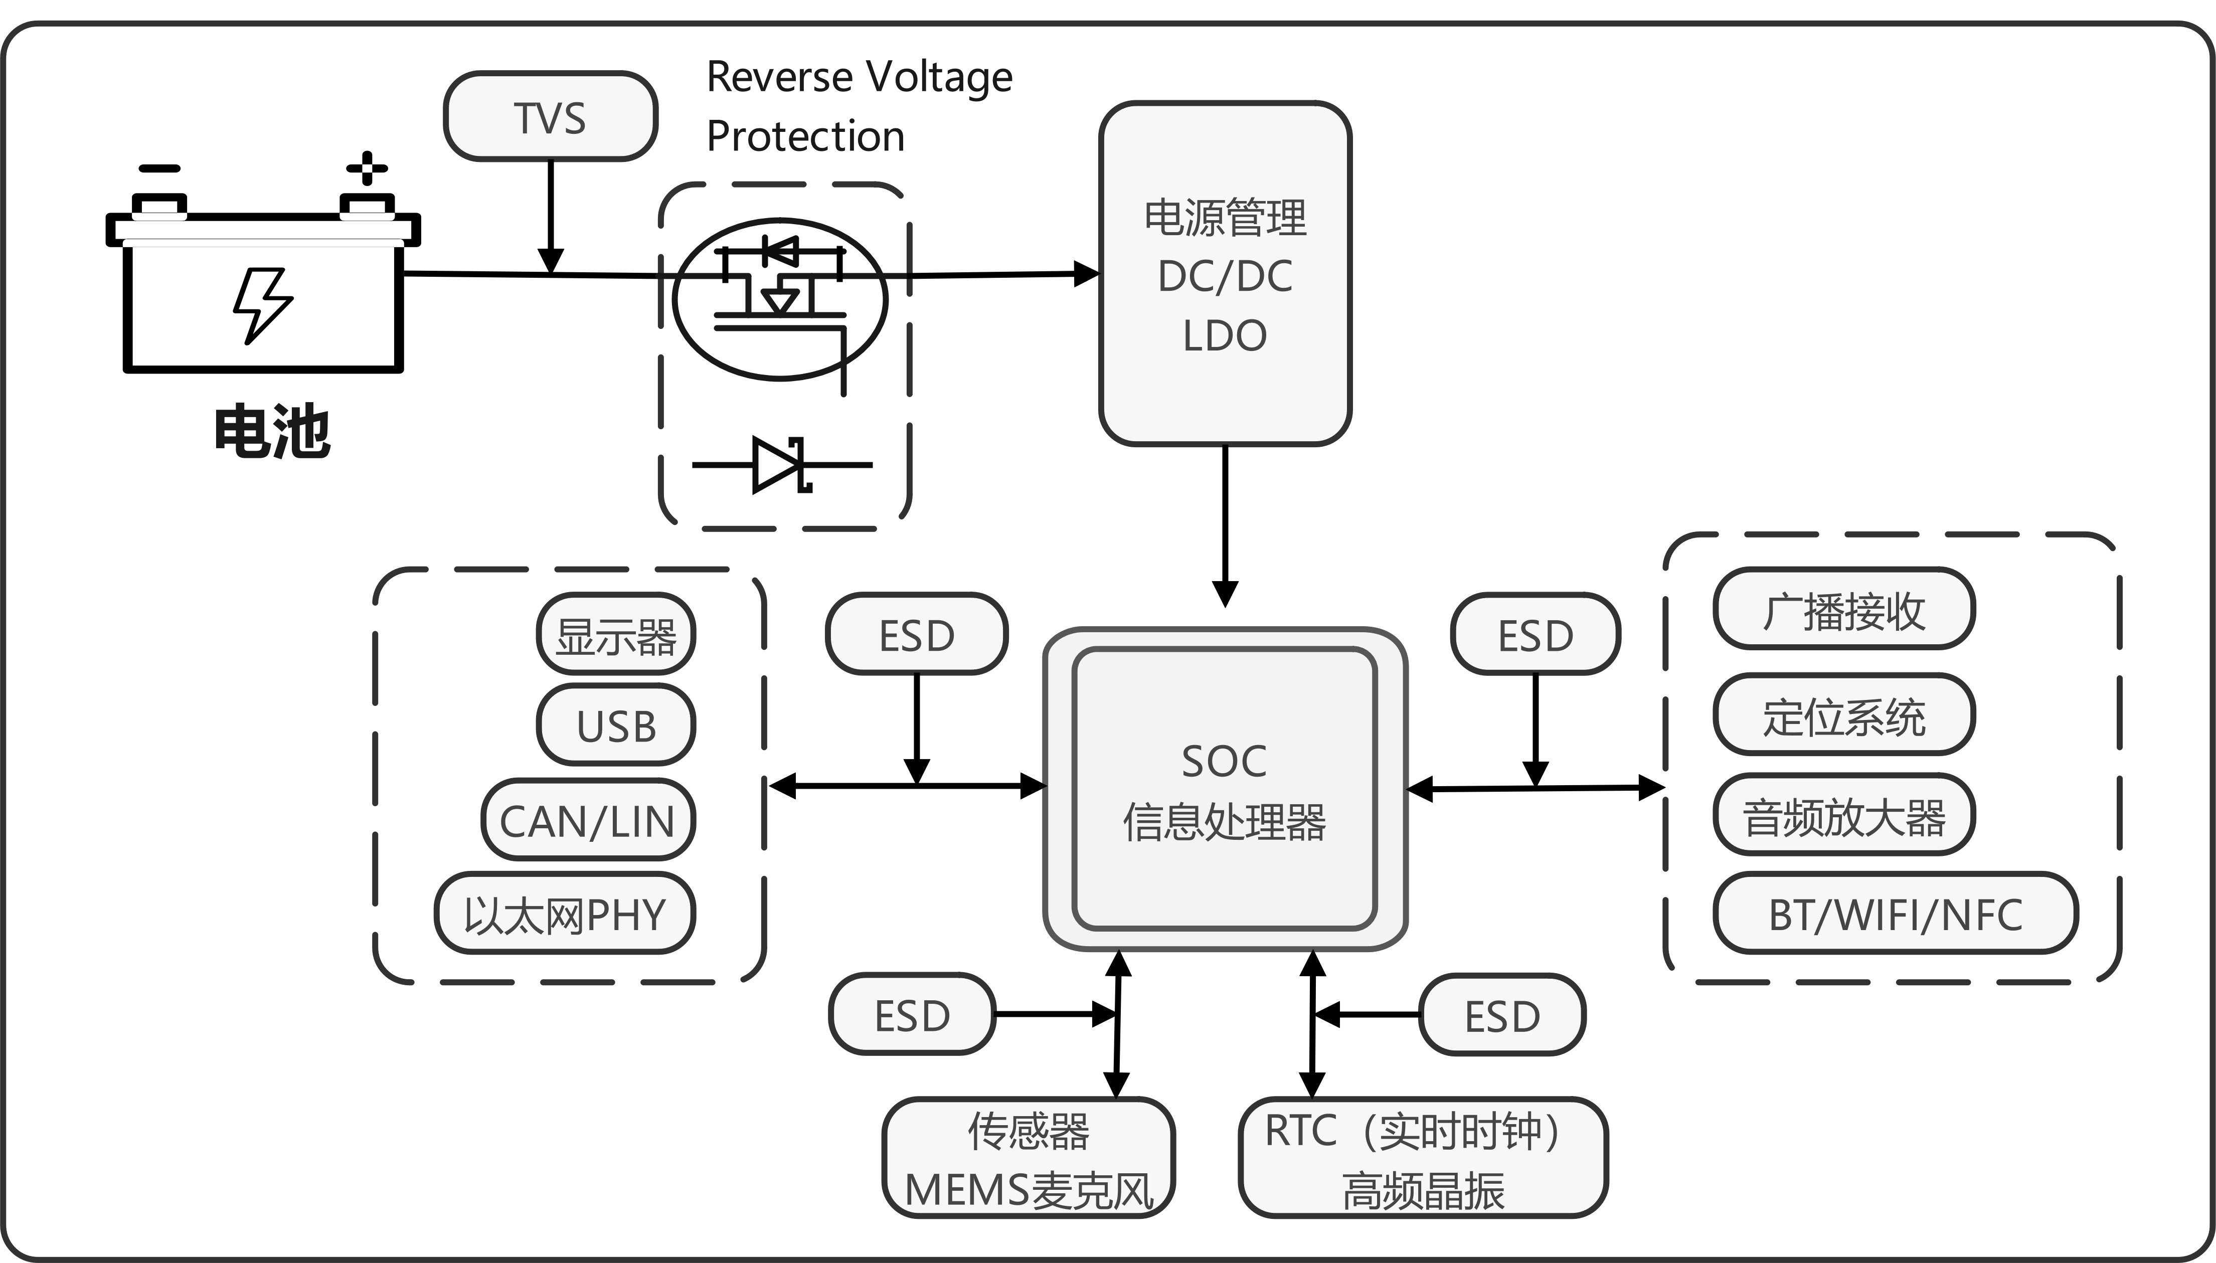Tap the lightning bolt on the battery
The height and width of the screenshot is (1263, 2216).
click(x=263, y=305)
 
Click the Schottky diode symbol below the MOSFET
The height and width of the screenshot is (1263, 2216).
click(x=781, y=465)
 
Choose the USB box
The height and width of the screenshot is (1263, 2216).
click(x=616, y=725)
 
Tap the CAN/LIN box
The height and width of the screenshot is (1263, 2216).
click(x=588, y=820)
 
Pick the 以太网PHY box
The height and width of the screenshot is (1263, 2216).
click(x=565, y=914)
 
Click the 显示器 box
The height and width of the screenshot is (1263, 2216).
click(x=616, y=635)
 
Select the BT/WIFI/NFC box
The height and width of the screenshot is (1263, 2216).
click(x=1895, y=914)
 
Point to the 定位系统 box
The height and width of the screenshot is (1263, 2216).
click(x=1844, y=715)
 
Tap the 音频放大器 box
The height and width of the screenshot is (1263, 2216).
click(x=1844, y=815)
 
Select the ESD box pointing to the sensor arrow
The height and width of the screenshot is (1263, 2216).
click(x=912, y=1014)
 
